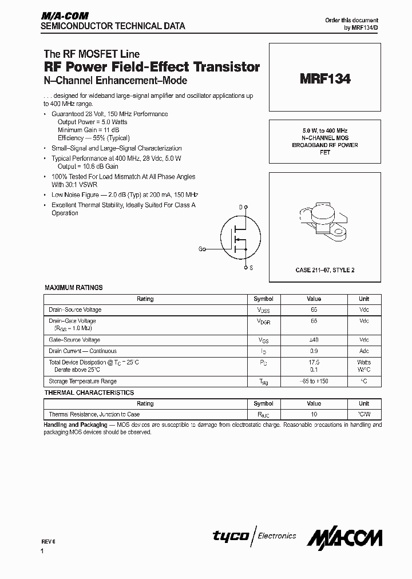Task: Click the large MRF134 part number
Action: pyautogui.click(x=324, y=79)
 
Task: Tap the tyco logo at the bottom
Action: pyautogui.click(x=231, y=536)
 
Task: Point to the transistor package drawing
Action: pyautogui.click(x=323, y=221)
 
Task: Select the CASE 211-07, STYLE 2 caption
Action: pyautogui.click(x=324, y=269)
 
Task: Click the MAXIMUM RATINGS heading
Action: pyautogui.click(x=73, y=288)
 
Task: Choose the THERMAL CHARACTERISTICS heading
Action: pyautogui.click(x=89, y=392)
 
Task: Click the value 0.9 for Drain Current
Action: pyautogui.click(x=314, y=351)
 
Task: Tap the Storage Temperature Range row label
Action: pyautogui.click(x=82, y=381)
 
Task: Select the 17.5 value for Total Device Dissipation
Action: pyautogui.click(x=314, y=362)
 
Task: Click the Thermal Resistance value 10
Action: pyautogui.click(x=314, y=414)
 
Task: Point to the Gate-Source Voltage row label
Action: pyautogui.click(x=75, y=340)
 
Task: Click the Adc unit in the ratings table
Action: pyautogui.click(x=364, y=351)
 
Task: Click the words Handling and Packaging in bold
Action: pyautogui.click(x=76, y=425)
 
